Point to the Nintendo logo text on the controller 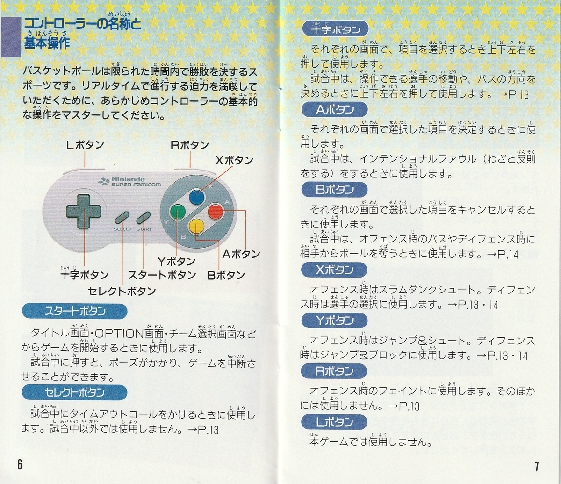[x=128, y=179]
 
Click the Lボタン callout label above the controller [x=85, y=145]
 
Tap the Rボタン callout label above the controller [x=190, y=145]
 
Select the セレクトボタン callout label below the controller [x=122, y=292]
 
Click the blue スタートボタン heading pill [x=75, y=312]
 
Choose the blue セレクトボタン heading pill [x=75, y=392]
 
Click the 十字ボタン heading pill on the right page [x=335, y=29]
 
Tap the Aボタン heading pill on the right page [x=335, y=110]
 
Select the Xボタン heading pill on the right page [x=334, y=270]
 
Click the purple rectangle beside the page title [x=11, y=37]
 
